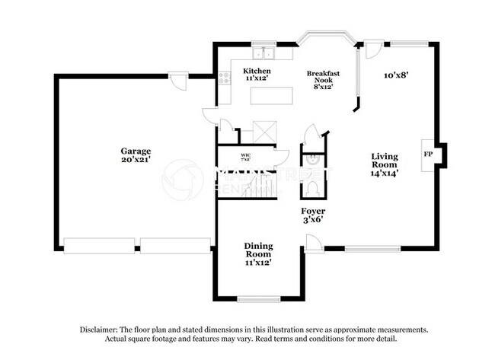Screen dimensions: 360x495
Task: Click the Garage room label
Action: tap(135, 151)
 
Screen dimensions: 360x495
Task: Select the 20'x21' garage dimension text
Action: tap(135, 161)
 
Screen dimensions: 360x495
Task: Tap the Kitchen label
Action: tap(257, 71)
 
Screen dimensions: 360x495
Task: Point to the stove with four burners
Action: tap(224, 77)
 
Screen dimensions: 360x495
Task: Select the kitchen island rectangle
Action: tap(272, 95)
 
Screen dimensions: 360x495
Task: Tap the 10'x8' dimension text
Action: tap(396, 75)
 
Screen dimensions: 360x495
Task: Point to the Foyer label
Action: tap(312, 211)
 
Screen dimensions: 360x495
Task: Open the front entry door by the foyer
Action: tap(313, 243)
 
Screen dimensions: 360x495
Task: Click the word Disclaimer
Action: tap(99, 330)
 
